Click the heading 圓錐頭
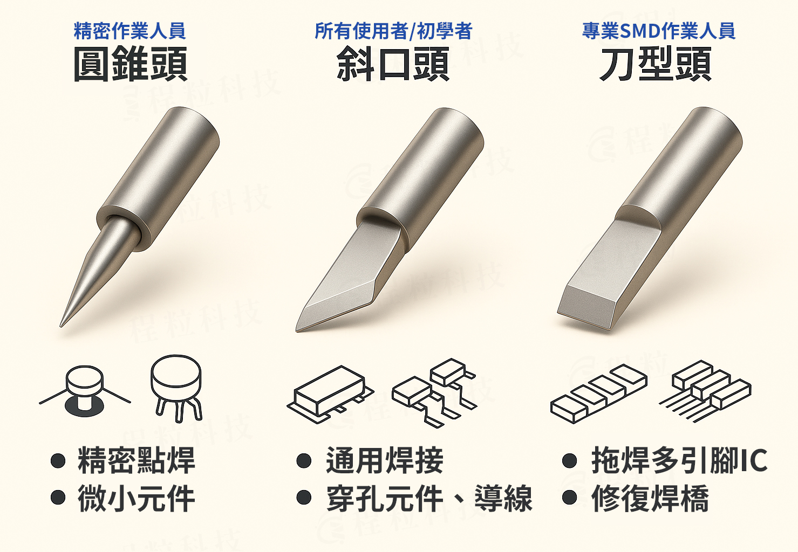click(131, 64)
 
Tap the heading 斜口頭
click(393, 64)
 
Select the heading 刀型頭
click(656, 64)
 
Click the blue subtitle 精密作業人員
click(129, 31)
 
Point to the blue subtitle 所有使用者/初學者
click(393, 31)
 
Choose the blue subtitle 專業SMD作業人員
click(659, 31)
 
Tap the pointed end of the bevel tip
click(297, 330)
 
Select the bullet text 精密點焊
click(137, 460)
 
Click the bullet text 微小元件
click(137, 498)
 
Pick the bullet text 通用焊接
click(385, 460)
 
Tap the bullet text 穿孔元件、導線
click(429, 498)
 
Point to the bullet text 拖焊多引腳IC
click(679, 460)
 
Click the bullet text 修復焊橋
click(650, 498)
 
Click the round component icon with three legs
click(176, 389)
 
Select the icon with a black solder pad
click(85, 391)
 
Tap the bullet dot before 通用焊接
click(304, 460)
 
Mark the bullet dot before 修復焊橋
click(569, 497)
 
